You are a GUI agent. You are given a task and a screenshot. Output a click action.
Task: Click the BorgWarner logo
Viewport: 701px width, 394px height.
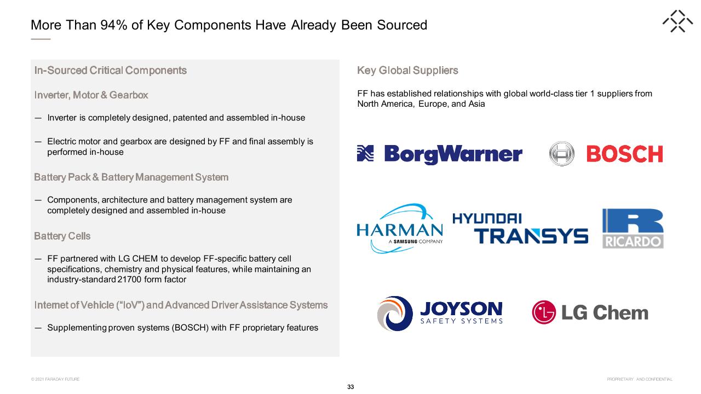click(439, 154)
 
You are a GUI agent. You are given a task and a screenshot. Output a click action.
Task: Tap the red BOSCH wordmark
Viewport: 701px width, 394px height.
click(625, 154)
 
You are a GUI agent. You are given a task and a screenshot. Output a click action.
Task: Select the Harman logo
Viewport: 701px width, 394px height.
click(400, 228)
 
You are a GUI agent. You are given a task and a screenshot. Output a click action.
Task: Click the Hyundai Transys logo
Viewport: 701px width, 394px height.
click(520, 228)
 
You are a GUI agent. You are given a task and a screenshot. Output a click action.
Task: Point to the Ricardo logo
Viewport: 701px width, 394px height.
click(633, 229)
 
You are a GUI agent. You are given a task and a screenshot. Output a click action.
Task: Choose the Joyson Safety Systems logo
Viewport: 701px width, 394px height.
click(440, 313)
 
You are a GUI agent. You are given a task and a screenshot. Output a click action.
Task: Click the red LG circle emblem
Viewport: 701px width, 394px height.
click(544, 312)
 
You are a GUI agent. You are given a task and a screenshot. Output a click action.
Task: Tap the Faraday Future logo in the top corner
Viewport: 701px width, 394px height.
click(677, 21)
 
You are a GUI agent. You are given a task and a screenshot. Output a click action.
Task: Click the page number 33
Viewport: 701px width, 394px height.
click(350, 387)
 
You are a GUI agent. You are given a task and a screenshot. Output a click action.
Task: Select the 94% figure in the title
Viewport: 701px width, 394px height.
click(114, 25)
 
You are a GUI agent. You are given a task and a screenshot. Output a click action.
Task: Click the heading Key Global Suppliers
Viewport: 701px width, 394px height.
click(407, 71)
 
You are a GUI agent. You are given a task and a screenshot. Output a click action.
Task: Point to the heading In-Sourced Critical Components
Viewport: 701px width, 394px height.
click(111, 71)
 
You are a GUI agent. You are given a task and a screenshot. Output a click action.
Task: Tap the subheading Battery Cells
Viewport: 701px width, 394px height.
click(62, 236)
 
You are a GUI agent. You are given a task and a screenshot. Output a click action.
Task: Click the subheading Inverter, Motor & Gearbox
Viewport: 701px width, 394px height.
click(91, 95)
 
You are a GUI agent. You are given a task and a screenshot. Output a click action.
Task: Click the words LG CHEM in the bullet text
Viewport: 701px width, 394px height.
click(137, 259)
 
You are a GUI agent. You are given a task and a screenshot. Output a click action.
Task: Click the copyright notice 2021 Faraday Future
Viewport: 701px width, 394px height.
click(55, 379)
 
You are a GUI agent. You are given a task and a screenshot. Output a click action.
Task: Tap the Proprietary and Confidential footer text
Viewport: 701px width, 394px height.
click(640, 379)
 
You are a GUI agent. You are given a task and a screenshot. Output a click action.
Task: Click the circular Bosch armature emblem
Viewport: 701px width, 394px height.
click(562, 154)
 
